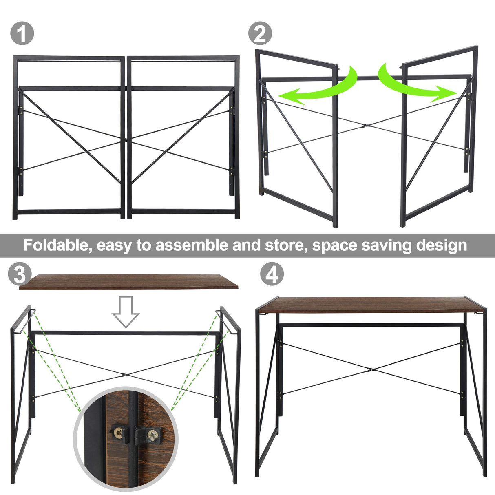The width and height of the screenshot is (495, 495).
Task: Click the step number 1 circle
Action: pyautogui.click(x=22, y=34)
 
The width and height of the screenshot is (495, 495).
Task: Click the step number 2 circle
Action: pyautogui.click(x=260, y=33)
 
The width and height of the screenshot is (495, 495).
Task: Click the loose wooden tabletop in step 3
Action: pyautogui.click(x=128, y=282)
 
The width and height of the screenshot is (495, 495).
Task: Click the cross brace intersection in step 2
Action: pyautogui.click(x=366, y=126)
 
